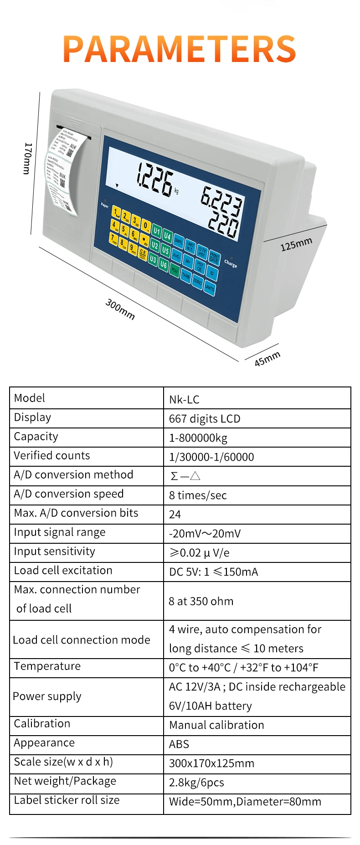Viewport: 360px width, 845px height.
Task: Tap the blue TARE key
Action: [186, 276]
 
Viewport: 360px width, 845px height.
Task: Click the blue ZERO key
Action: [197, 281]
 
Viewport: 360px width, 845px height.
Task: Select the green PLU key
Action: [174, 270]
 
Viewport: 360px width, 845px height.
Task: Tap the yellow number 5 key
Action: [123, 230]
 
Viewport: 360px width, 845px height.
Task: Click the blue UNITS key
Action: [209, 287]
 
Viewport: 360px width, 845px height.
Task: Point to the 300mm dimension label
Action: [120, 309]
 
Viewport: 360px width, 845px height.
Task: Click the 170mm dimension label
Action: [28, 158]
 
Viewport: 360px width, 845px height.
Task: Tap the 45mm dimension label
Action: [267, 358]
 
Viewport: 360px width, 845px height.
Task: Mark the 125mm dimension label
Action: [296, 244]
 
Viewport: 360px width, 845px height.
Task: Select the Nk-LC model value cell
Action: [184, 400]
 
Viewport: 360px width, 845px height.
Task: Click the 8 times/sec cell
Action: [198, 495]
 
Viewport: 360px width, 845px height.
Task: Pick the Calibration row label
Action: [42, 723]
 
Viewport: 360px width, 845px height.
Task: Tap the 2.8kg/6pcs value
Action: [196, 783]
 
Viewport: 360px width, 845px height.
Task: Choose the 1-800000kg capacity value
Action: [198, 438]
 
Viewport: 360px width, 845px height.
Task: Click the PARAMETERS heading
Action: [180, 49]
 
